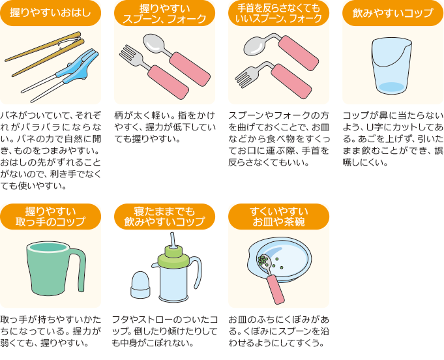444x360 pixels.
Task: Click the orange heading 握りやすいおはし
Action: pyautogui.click(x=50, y=13)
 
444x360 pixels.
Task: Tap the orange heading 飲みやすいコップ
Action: pyautogui.click(x=392, y=13)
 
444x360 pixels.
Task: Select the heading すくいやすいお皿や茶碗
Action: pyautogui.click(x=278, y=217)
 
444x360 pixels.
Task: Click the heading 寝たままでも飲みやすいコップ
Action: pyautogui.click(x=164, y=217)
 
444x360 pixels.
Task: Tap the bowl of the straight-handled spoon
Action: pyautogui.click(x=155, y=42)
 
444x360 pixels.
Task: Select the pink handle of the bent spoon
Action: pyautogui.click(x=299, y=53)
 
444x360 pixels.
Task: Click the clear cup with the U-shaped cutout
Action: pyautogui.click(x=392, y=67)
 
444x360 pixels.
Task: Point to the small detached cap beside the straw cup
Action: pyautogui.click(x=140, y=285)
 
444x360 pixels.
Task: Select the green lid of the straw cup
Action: pyautogui.click(x=173, y=257)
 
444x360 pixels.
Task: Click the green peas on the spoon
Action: pyautogui.click(x=263, y=260)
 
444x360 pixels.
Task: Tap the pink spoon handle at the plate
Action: pyautogui.click(x=276, y=289)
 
